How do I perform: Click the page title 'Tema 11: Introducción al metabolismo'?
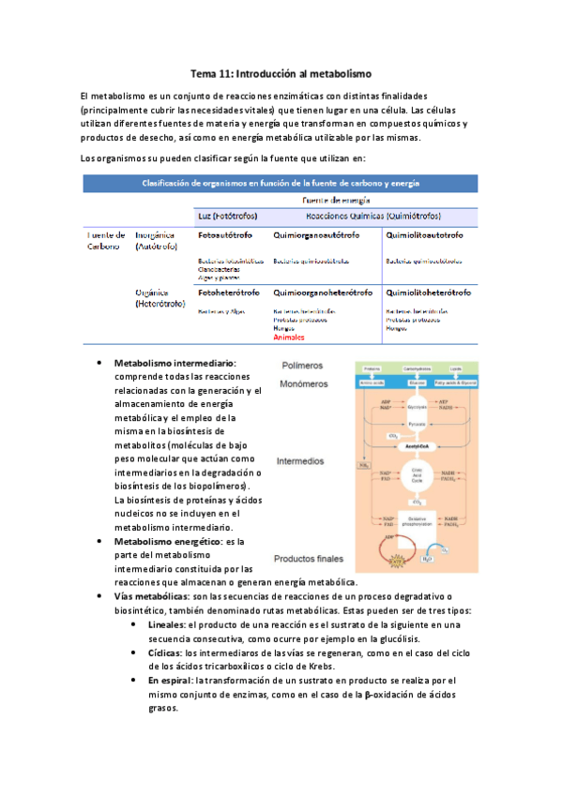pos(281,72)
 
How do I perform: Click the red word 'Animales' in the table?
pos(289,337)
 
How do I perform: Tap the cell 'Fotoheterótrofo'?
pos(228,292)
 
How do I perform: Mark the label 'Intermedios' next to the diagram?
pos(300,461)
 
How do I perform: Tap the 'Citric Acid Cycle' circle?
pos(418,476)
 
